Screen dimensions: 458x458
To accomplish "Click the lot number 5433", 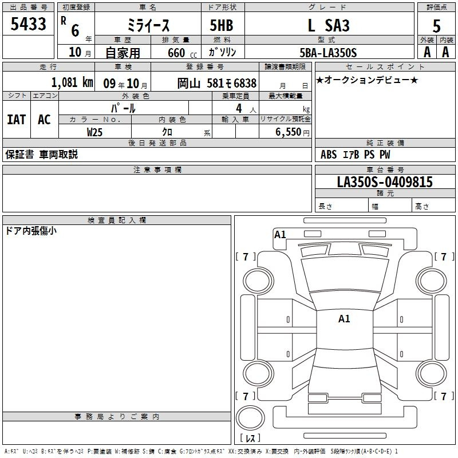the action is click(x=28, y=24).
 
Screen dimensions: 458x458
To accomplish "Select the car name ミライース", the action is click(x=148, y=26).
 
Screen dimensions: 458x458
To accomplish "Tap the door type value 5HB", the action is click(x=222, y=25).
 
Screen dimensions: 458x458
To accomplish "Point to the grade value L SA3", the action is click(x=329, y=25).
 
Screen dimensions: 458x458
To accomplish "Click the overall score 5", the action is click(x=436, y=26).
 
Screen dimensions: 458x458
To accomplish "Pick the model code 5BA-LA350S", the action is click(x=328, y=53).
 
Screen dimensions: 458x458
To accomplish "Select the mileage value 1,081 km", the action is click(x=72, y=82).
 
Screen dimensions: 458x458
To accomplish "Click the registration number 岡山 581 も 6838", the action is click(x=217, y=83).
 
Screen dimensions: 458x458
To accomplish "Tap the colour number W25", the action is click(x=94, y=132).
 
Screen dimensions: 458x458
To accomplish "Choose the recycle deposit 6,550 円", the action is click(x=293, y=132).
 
